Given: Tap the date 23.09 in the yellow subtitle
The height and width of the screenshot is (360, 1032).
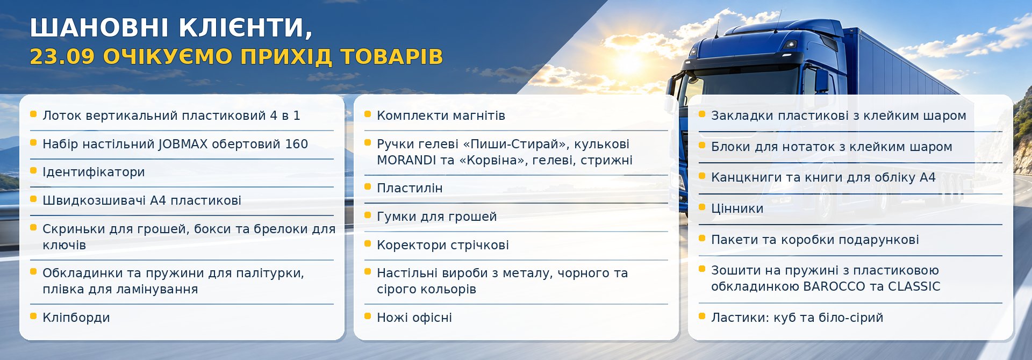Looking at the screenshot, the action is tap(62, 56).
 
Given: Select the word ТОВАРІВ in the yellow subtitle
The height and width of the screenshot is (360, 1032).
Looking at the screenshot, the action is tap(391, 56).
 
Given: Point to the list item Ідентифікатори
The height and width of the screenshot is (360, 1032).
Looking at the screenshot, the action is tap(94, 172).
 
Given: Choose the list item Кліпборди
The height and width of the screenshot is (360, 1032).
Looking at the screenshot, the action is tap(76, 318).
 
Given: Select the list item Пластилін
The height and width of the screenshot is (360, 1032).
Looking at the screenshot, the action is tap(410, 188).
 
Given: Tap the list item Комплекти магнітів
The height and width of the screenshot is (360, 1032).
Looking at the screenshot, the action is tap(441, 116).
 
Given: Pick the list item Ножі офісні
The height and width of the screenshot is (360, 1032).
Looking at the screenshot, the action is tap(414, 318).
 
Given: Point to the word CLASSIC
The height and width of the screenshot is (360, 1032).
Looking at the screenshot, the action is tap(914, 286).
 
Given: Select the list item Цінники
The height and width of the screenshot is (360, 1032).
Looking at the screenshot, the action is tap(737, 208).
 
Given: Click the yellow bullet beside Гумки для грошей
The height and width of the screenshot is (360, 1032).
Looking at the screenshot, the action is tap(368, 215).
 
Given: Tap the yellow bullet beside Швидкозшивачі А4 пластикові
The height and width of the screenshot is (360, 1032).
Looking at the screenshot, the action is tap(33, 199).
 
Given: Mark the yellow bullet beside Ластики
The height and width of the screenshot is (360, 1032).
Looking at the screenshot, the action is tap(702, 316).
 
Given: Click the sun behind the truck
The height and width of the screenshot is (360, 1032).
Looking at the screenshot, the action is tap(629, 63).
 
